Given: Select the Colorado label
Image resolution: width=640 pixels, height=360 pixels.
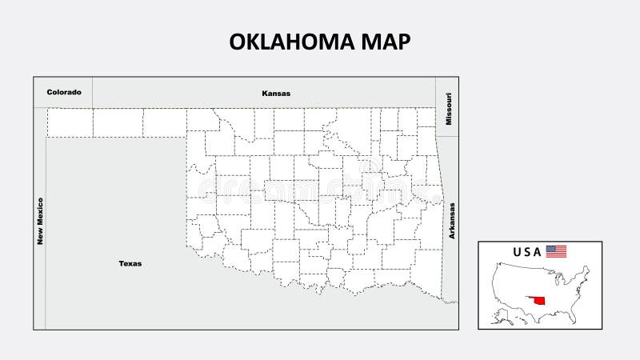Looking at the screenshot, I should (64, 92).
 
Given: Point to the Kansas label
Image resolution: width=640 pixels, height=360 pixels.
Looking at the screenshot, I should (276, 93).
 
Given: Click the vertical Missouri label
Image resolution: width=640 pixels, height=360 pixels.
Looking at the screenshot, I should (449, 107).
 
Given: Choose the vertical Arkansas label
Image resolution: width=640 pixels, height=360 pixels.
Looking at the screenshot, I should (452, 220).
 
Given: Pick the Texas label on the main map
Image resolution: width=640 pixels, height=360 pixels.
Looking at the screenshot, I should (130, 262).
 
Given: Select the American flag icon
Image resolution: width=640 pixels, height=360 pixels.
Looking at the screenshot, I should (557, 251).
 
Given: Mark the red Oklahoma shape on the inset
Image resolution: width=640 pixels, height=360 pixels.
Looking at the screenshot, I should (538, 302).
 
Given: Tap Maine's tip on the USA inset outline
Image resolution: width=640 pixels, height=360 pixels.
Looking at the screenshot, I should (588, 269).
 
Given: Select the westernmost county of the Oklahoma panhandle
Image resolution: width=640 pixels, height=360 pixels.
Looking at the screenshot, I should (70, 122).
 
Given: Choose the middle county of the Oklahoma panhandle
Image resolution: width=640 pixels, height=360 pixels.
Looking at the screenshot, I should (118, 122).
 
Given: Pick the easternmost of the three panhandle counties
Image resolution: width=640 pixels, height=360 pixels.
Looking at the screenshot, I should (165, 122).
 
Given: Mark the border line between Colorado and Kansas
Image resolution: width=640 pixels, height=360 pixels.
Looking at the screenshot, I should (92, 92).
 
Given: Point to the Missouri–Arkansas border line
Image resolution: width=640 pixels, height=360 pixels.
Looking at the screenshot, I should (449, 136).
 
